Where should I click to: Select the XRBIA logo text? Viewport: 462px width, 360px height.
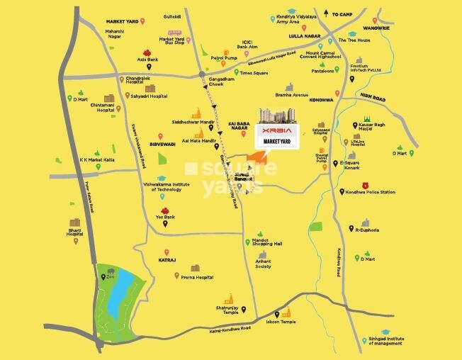[x=276, y=133]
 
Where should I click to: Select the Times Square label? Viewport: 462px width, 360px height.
[x=253, y=73]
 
